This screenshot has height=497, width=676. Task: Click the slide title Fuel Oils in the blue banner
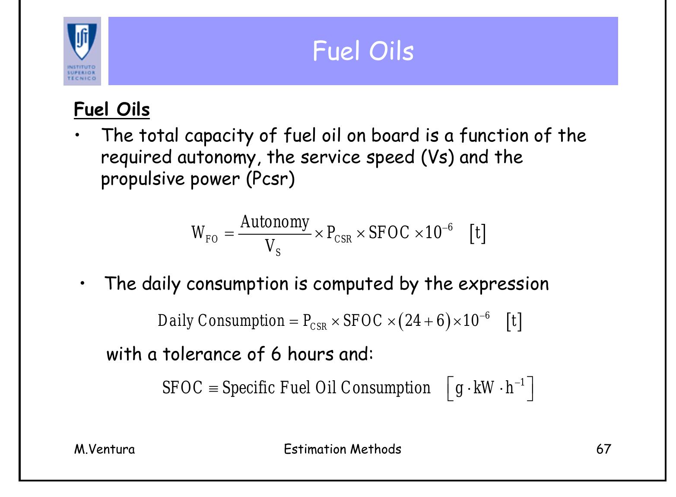(x=363, y=51)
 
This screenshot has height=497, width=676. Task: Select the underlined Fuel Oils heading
(x=112, y=109)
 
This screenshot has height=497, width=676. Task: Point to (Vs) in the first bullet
(x=438, y=157)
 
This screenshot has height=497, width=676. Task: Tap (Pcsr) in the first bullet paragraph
(x=270, y=179)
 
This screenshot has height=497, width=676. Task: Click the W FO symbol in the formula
(x=204, y=233)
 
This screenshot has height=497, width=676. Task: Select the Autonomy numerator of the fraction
(x=275, y=222)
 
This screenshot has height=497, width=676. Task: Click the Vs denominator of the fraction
(x=273, y=247)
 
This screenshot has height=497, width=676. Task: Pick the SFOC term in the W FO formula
(x=389, y=233)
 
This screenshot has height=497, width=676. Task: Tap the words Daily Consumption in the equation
(x=221, y=321)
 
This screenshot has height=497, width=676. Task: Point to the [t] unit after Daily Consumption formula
(x=514, y=321)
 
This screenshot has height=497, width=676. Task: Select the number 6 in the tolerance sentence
(x=276, y=354)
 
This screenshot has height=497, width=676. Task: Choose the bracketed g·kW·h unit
(x=490, y=388)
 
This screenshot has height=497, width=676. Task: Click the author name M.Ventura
(x=105, y=449)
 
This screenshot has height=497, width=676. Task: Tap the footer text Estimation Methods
(x=343, y=449)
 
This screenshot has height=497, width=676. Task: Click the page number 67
(x=603, y=449)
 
